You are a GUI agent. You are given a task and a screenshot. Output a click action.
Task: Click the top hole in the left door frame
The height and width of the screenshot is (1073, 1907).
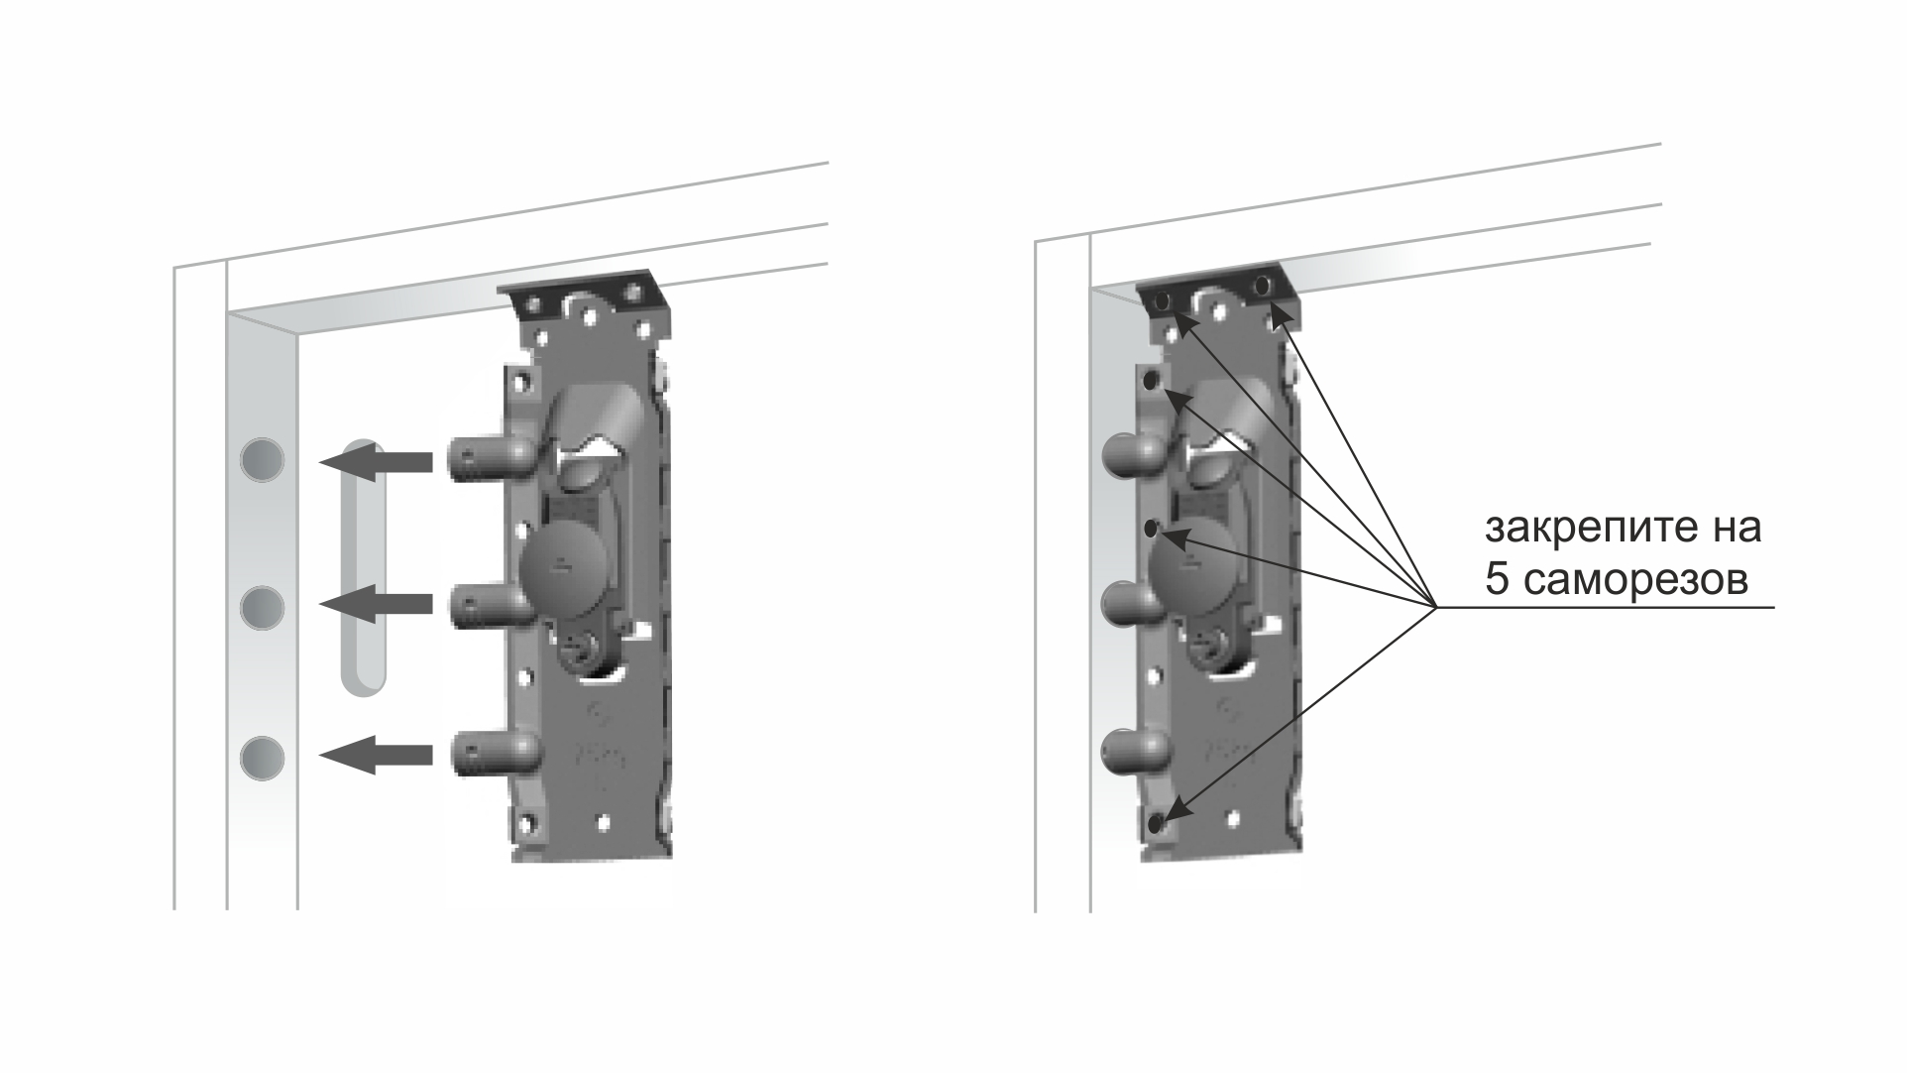pyautogui.click(x=263, y=460)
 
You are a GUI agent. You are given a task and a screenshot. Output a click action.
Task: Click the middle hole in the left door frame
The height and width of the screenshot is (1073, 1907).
pyautogui.click(x=263, y=607)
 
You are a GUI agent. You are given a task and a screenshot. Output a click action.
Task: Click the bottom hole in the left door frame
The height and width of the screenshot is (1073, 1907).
pyautogui.click(x=263, y=759)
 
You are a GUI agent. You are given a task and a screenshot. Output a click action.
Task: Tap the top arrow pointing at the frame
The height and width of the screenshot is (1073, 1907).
pyautogui.click(x=376, y=462)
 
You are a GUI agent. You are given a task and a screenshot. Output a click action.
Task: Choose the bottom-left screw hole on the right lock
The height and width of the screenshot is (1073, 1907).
pyautogui.click(x=1156, y=822)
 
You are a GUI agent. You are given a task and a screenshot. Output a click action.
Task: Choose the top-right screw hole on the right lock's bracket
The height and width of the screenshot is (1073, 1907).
pyautogui.click(x=1262, y=287)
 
